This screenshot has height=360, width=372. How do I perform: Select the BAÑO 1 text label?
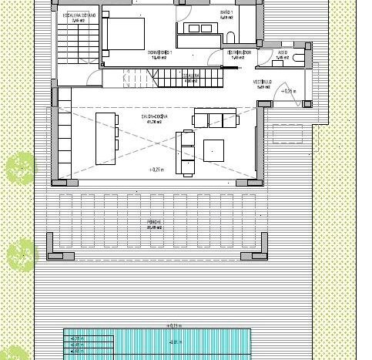point(225,13)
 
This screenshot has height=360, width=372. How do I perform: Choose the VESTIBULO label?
point(262,82)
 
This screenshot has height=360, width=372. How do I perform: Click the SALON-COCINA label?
point(155,118)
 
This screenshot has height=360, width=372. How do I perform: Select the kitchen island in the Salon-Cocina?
point(106,138)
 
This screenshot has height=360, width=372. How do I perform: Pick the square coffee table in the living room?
point(214,149)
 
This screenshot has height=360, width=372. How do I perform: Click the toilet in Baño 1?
point(232,39)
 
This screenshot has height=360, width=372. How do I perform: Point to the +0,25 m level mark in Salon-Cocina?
point(158,169)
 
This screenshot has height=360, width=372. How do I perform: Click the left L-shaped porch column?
point(57,255)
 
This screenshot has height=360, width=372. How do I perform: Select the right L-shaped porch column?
point(254,255)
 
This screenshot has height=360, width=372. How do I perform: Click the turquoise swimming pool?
point(158,345)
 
